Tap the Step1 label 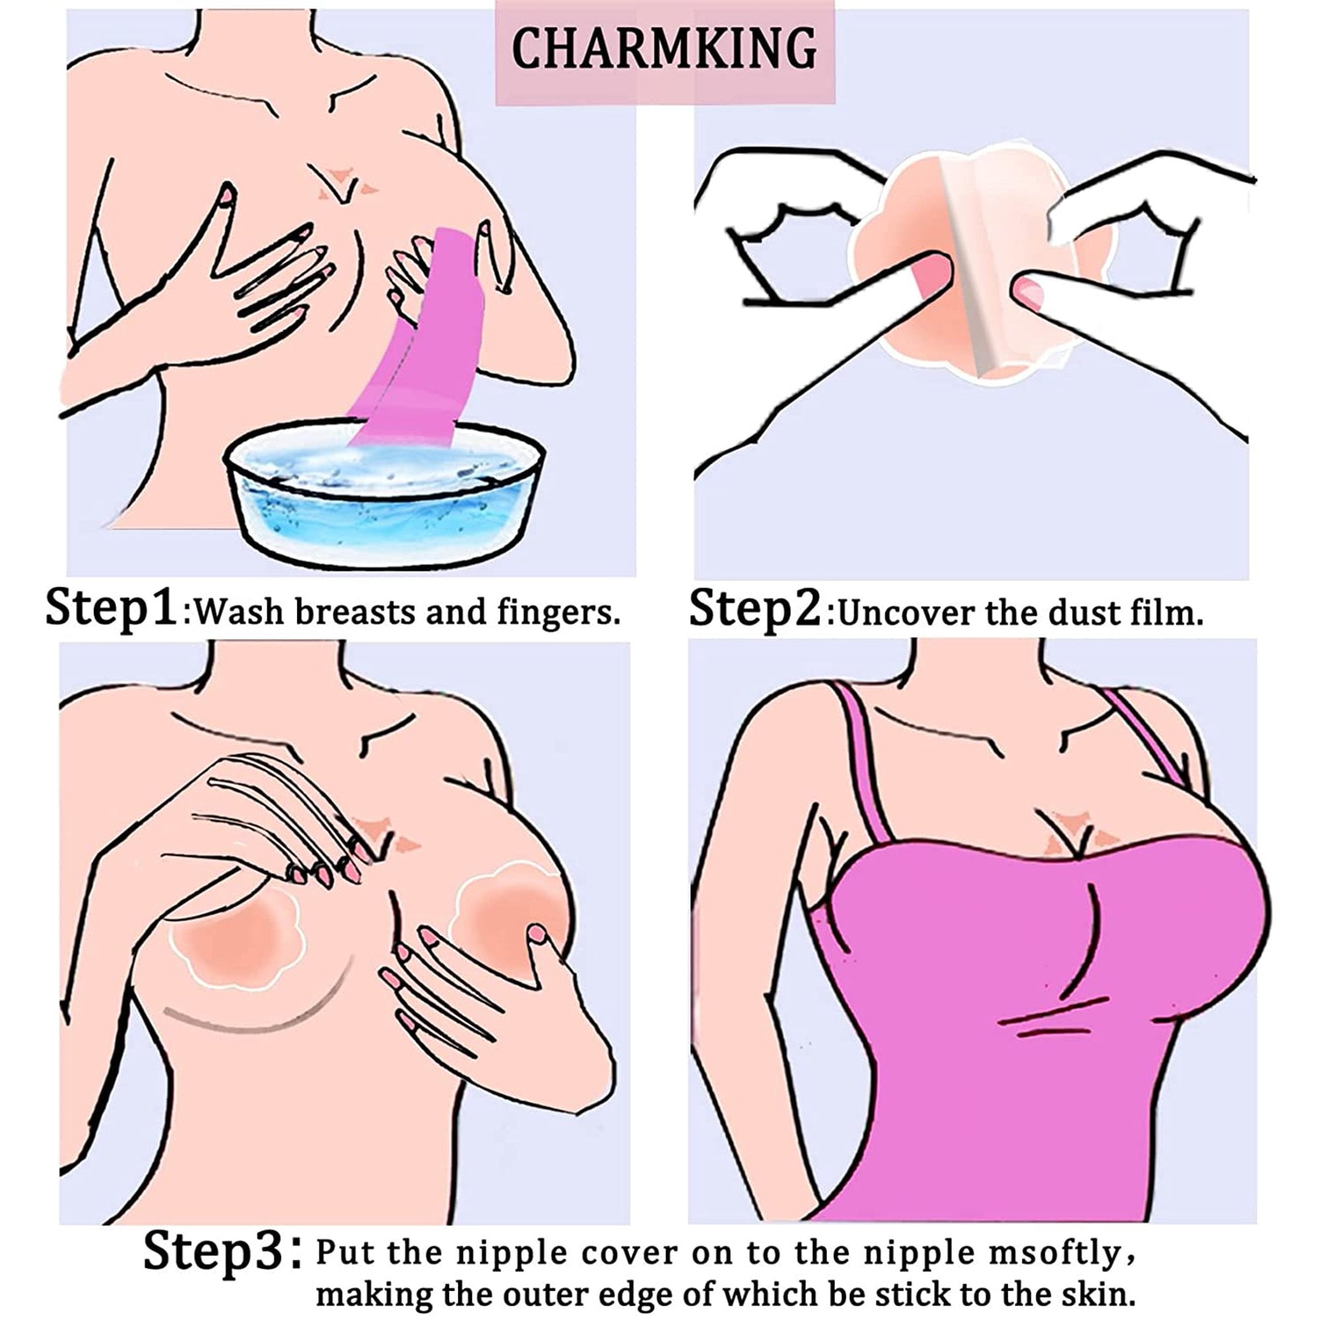[x=112, y=608]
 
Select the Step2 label [x=754, y=608]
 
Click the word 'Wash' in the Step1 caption [x=240, y=612]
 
